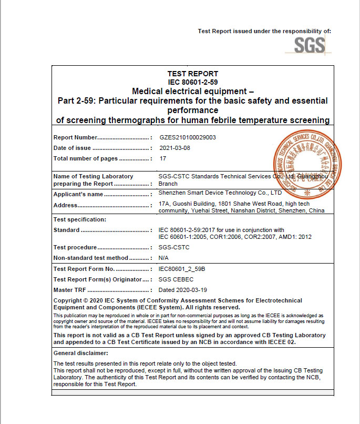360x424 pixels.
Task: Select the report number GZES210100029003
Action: (188, 137)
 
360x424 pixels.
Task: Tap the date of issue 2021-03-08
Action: (174, 148)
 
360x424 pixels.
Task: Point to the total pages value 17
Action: (162, 158)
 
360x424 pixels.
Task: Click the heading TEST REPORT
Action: (192, 74)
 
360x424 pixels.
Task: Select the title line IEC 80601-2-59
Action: (192, 83)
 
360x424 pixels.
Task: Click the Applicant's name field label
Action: (79, 194)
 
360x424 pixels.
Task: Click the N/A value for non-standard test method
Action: (163, 258)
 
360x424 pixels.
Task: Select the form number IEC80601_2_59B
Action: (182, 269)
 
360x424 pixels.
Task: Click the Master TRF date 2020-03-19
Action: (182, 290)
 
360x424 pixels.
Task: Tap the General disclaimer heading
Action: (81, 353)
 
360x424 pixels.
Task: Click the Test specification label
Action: (80, 219)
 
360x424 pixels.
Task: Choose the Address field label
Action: (66, 205)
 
